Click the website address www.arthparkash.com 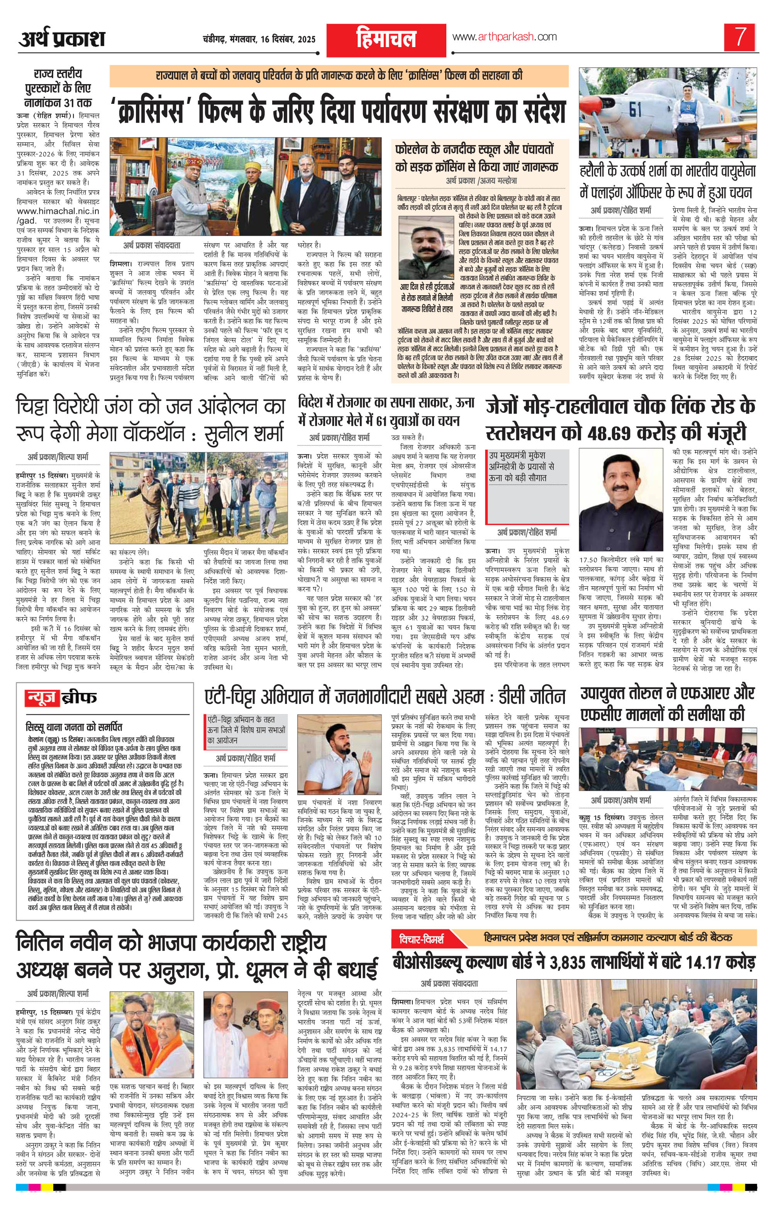pos(504,37)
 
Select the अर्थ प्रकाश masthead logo pos(62,39)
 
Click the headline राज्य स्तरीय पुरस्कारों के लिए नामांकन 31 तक pos(58,88)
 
